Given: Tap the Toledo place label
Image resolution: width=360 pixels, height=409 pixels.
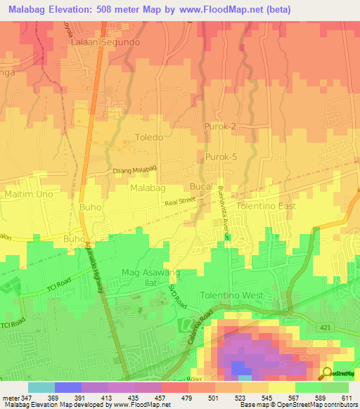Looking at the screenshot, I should (149, 138).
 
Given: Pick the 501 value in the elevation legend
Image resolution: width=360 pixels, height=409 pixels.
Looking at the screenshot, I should (212, 398).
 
